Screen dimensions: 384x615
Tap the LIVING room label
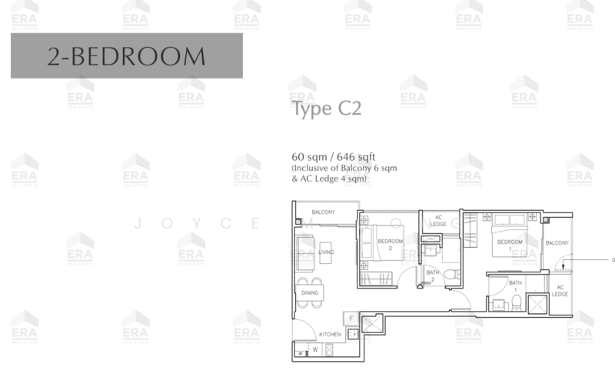(327, 252)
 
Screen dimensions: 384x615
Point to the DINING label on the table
(309, 293)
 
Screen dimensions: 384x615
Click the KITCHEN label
(331, 334)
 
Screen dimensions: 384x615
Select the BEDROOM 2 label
(391, 245)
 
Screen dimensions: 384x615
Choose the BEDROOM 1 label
(509, 243)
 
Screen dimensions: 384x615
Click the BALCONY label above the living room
(323, 212)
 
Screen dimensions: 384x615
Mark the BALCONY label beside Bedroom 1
(557, 243)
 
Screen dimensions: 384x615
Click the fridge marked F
(351, 318)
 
